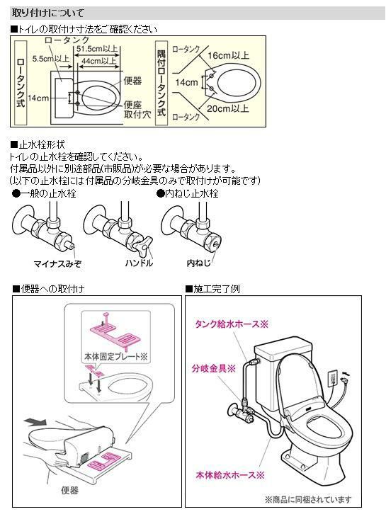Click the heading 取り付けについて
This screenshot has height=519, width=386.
click(x=47, y=13)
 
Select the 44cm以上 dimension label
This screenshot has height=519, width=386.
click(x=99, y=62)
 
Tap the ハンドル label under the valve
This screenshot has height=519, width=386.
click(x=138, y=263)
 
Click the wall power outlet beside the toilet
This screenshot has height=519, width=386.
click(x=331, y=380)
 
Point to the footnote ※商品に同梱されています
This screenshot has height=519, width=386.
click(x=307, y=499)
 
